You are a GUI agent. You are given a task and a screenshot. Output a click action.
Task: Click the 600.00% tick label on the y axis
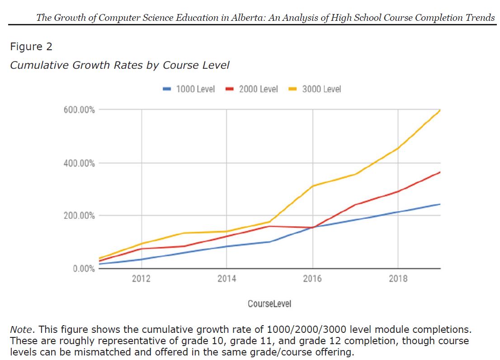click(x=79, y=110)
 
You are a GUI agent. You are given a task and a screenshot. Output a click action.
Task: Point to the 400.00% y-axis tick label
click(x=79, y=163)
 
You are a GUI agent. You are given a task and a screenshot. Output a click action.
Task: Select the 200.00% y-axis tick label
click(x=79, y=216)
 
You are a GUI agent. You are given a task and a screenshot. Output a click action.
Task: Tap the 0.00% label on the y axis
click(x=84, y=269)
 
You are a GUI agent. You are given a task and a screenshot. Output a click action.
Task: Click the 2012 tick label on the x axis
click(x=141, y=279)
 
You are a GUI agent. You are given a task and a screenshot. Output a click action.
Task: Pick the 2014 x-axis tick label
click(x=226, y=279)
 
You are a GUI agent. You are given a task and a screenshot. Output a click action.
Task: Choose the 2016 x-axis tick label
click(x=312, y=279)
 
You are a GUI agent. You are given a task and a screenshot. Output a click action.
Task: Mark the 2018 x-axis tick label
click(x=398, y=279)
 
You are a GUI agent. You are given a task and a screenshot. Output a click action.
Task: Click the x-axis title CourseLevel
click(x=269, y=304)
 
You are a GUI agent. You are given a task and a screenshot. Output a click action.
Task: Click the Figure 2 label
click(x=31, y=47)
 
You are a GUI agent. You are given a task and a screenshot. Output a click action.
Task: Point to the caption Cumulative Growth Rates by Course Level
click(x=120, y=65)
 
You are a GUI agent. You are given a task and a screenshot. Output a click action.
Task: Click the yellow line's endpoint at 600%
click(x=440, y=110)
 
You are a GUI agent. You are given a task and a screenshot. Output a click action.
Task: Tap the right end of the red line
click(x=440, y=172)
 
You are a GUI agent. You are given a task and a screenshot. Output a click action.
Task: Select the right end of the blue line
click(x=440, y=204)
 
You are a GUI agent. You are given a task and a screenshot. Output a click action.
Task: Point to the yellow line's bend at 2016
click(x=312, y=186)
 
